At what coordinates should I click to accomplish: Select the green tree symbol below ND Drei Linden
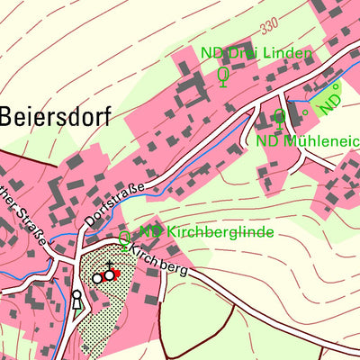pyautogui.click(x=223, y=77)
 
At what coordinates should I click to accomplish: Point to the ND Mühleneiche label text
pyautogui.click(x=306, y=140)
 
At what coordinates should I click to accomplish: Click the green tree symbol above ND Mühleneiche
pyautogui.click(x=280, y=117)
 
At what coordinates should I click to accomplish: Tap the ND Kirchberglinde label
pyautogui.click(x=206, y=231)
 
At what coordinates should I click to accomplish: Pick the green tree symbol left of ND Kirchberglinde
pyautogui.click(x=124, y=238)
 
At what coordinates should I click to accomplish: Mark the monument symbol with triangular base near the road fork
pyautogui.click(x=76, y=299)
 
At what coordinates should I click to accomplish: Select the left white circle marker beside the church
pyautogui.click(x=97, y=279)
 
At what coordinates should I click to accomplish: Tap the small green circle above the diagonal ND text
pyautogui.click(x=335, y=88)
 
